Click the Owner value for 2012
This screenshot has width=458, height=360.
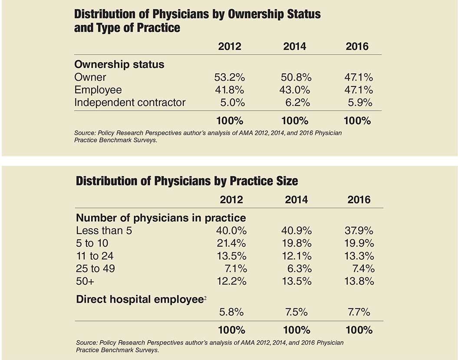(x=230, y=77)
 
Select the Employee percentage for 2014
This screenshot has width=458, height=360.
(x=295, y=90)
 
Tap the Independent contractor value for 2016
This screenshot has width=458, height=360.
(x=360, y=102)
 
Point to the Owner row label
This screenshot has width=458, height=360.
(x=90, y=77)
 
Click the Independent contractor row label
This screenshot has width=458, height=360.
(x=130, y=102)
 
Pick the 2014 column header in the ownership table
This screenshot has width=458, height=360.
(x=295, y=46)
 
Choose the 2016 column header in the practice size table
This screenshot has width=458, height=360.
(x=359, y=200)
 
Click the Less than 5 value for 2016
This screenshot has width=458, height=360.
(x=359, y=231)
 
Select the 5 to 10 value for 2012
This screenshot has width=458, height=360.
(x=231, y=243)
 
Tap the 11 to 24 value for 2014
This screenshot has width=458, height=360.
(x=297, y=256)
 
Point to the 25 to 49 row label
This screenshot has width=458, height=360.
(x=96, y=268)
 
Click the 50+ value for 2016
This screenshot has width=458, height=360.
(x=359, y=281)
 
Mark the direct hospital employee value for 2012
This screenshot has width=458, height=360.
(x=231, y=312)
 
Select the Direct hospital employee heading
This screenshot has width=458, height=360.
(x=141, y=299)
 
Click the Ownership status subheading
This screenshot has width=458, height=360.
(x=119, y=64)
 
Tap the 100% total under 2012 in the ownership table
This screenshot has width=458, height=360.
(x=230, y=121)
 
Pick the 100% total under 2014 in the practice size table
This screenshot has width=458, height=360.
(x=297, y=330)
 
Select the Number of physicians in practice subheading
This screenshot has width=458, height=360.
(x=161, y=218)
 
